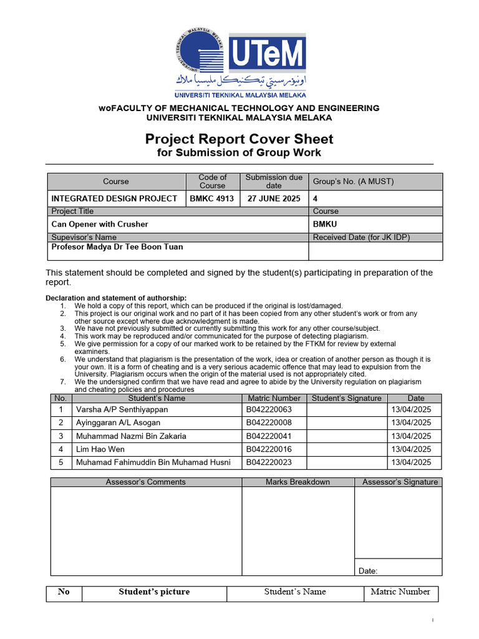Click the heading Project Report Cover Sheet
coord(239,139)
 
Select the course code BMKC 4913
coord(212,198)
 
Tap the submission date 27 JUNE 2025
coord(273,198)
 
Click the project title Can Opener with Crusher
coord(100,224)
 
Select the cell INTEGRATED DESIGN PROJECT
coord(114,198)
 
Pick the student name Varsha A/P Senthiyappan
coord(122,410)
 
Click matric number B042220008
coord(269,423)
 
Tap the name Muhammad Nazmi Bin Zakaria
coord(131,436)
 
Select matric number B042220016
coord(269,449)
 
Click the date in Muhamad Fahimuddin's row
coord(411,462)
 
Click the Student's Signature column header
coord(346,398)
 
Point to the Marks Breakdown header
coord(298,482)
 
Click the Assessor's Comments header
coord(145,482)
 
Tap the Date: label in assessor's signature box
coord(368,570)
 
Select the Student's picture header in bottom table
coord(154,592)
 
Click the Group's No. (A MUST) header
coord(354,182)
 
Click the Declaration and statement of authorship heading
coord(116,298)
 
